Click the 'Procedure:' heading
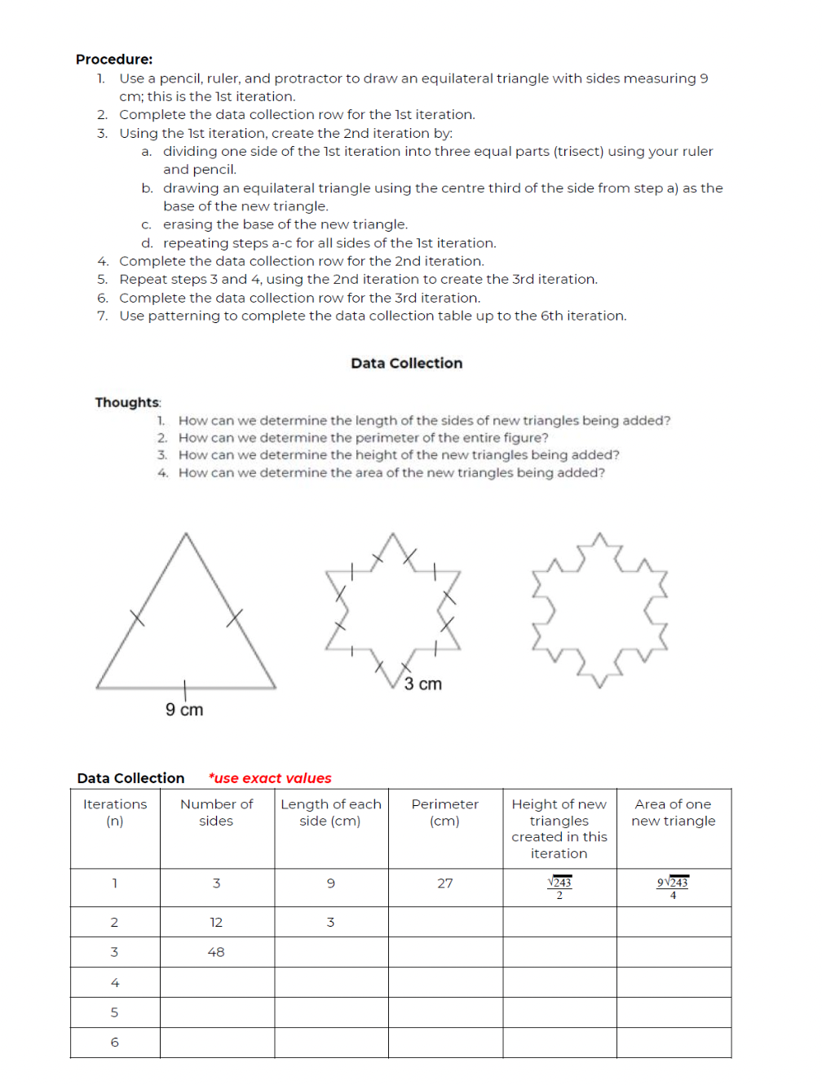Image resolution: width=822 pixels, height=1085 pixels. coord(114,60)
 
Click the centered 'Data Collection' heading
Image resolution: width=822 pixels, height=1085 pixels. coord(406,363)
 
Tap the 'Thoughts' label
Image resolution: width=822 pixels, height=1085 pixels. coord(127,402)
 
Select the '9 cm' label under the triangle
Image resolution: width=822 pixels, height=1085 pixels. coord(184,710)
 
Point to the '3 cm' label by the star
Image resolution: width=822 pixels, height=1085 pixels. coord(422,684)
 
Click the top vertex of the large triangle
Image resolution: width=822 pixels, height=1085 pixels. coord(186,534)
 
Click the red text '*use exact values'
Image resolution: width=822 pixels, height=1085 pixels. coord(270,778)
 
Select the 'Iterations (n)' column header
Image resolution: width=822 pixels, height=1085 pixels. coord(115,813)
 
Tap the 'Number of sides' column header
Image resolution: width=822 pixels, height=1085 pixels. coord(216,813)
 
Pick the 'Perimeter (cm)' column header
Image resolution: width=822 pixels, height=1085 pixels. coord(444,813)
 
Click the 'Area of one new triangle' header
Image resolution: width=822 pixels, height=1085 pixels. coord(673,813)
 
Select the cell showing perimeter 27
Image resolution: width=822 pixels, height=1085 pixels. coord(444,883)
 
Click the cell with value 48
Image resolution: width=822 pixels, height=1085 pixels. coord(216,952)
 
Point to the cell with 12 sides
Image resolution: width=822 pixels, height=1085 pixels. coord(216,923)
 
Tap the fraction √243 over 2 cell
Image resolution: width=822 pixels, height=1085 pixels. coord(559,888)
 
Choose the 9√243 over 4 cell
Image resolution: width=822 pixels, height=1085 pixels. coord(673,888)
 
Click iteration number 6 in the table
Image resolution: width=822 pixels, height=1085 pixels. coord(114,1043)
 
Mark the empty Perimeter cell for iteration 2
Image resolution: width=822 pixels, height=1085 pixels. coord(445,923)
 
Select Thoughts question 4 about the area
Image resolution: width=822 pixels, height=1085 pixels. coord(391,473)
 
